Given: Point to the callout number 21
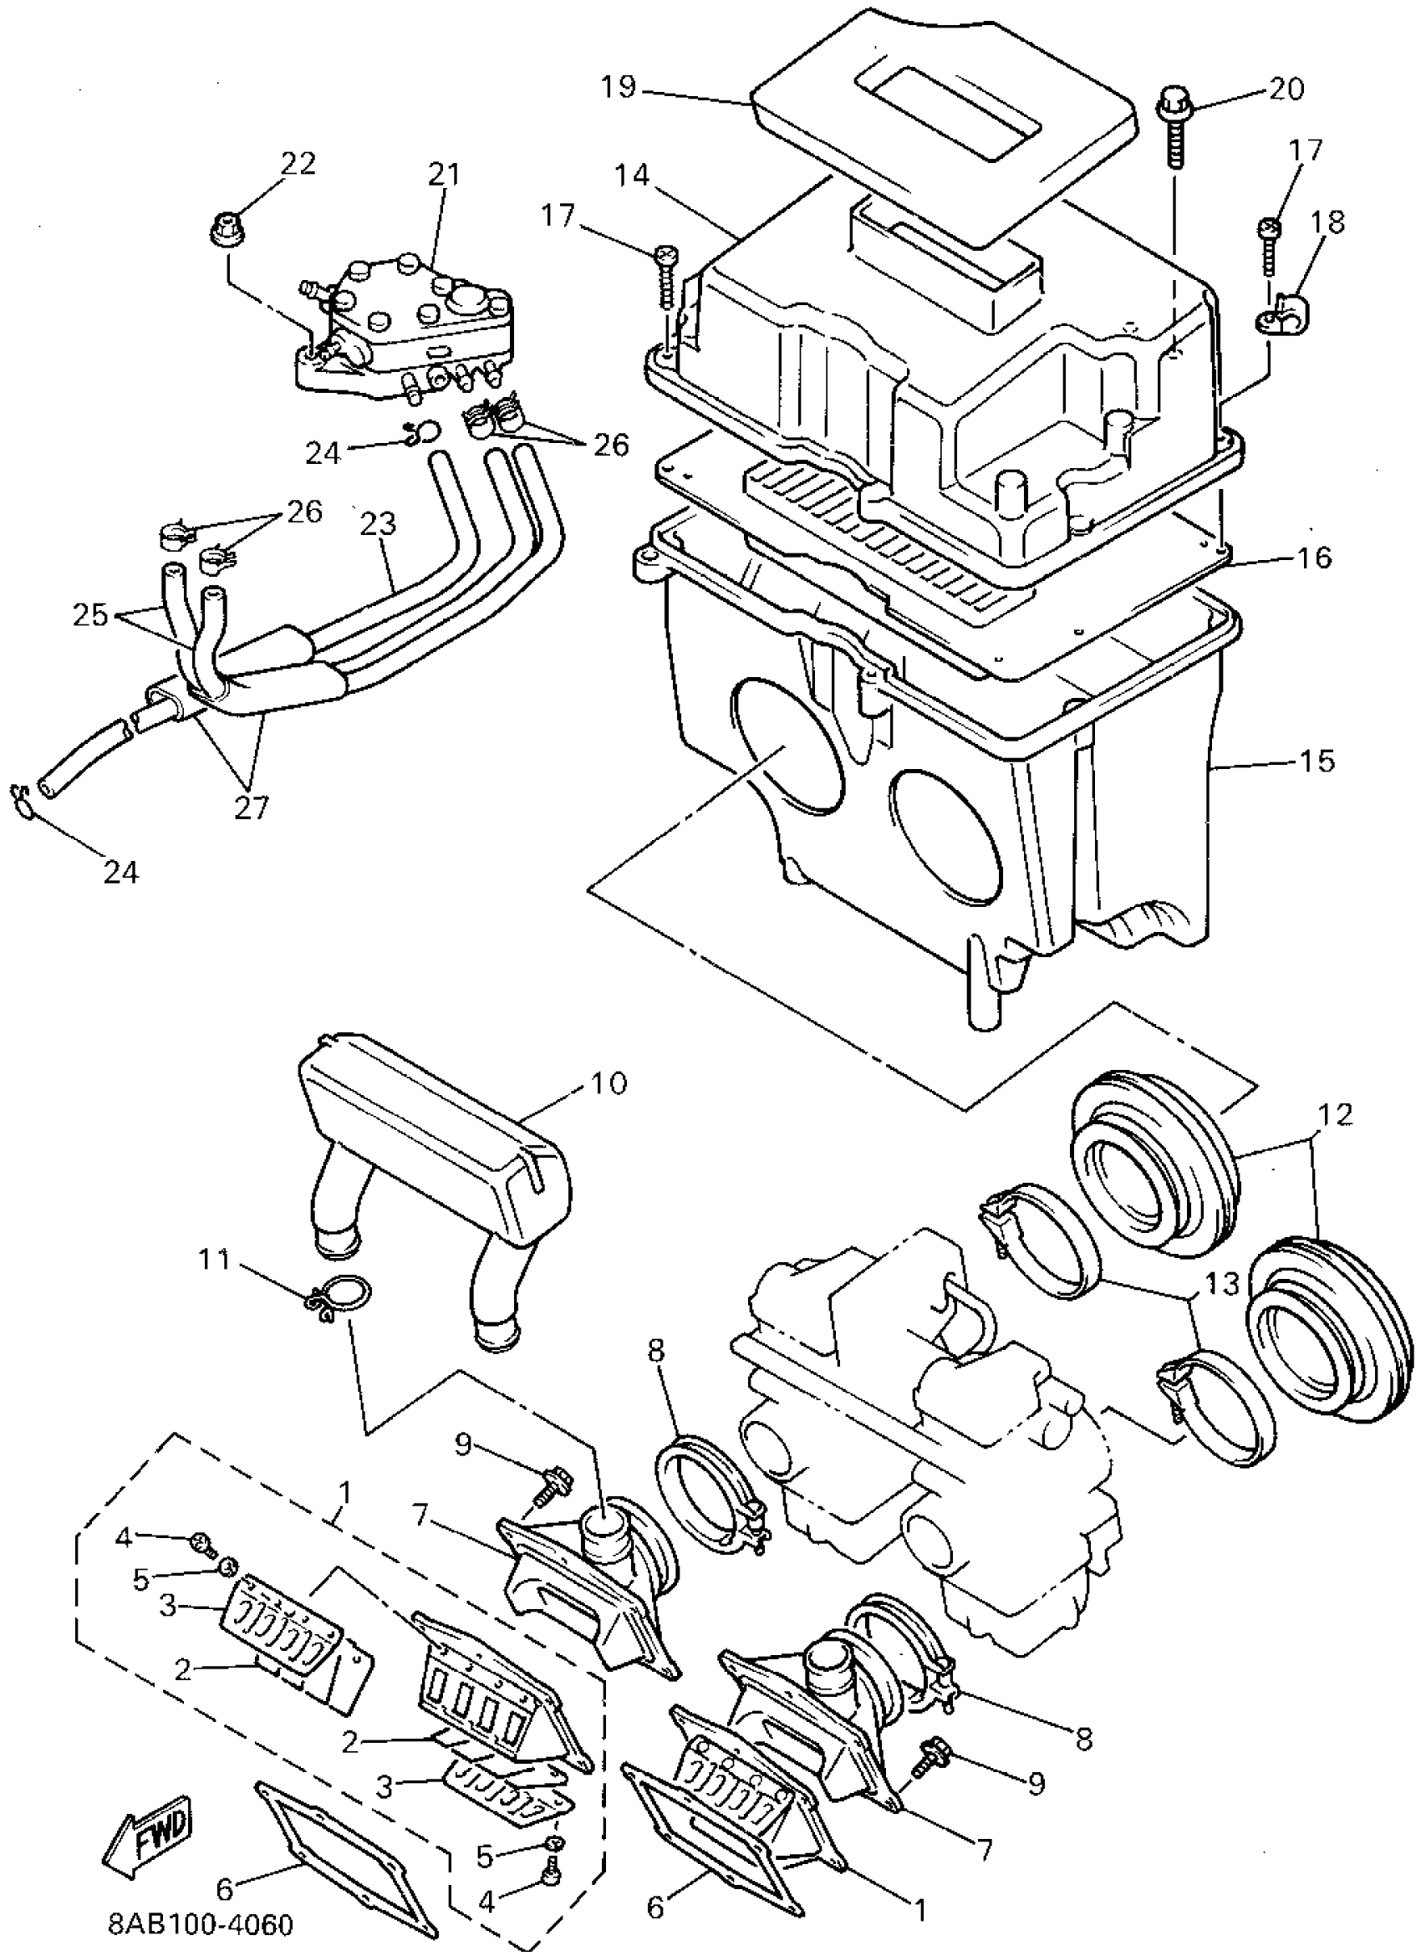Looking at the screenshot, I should (445, 175).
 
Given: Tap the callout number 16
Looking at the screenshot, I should (1314, 558).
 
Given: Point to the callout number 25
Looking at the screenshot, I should (90, 615).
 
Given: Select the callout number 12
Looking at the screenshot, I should (1333, 1115).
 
